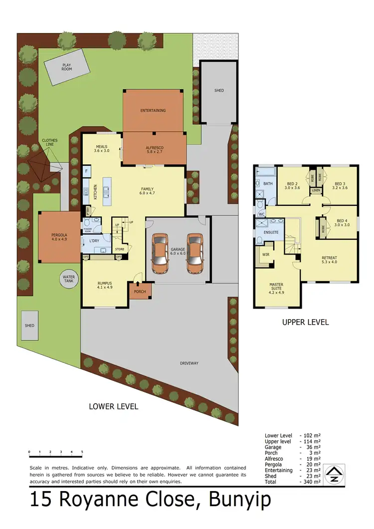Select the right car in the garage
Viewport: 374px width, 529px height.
pos(195,254)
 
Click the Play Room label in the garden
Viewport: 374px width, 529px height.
pos(67,67)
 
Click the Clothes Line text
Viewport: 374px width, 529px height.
pos(50,143)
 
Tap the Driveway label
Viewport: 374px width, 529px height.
pos(189,363)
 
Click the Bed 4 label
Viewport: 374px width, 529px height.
pos(341,222)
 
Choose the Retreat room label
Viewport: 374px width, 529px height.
pos(329,259)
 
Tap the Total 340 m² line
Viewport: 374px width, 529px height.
pos(292,482)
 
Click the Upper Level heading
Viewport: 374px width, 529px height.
pos(305,322)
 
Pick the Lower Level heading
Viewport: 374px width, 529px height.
pos(113,406)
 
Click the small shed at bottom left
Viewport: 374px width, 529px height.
pos(29,326)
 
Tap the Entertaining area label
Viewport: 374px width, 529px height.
pos(153,110)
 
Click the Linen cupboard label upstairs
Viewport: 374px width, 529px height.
pos(316,190)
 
